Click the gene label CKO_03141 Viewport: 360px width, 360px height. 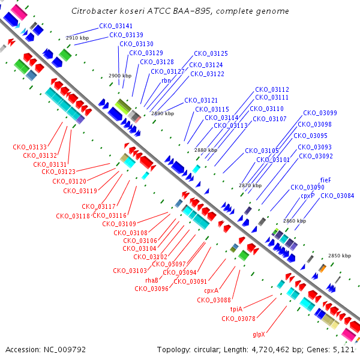116,26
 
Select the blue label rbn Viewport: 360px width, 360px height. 166,80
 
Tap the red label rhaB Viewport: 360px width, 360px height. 152,280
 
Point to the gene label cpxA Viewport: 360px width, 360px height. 211,290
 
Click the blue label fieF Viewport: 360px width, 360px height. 326,180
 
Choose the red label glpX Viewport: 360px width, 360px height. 259,335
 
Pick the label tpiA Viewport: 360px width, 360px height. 236,309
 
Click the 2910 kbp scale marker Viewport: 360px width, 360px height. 77,38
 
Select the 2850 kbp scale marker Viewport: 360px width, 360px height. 340,256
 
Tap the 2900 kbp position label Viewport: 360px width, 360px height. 120,76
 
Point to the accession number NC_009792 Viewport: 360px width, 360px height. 65,350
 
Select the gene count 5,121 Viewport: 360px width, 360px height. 343,350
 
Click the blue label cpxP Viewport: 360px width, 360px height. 307,196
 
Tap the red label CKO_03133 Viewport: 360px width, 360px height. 29,147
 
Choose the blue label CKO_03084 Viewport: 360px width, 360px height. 337,196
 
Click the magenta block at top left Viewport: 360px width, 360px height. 19,13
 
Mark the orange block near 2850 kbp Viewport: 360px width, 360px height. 323,269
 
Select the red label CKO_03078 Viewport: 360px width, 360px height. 238,319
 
